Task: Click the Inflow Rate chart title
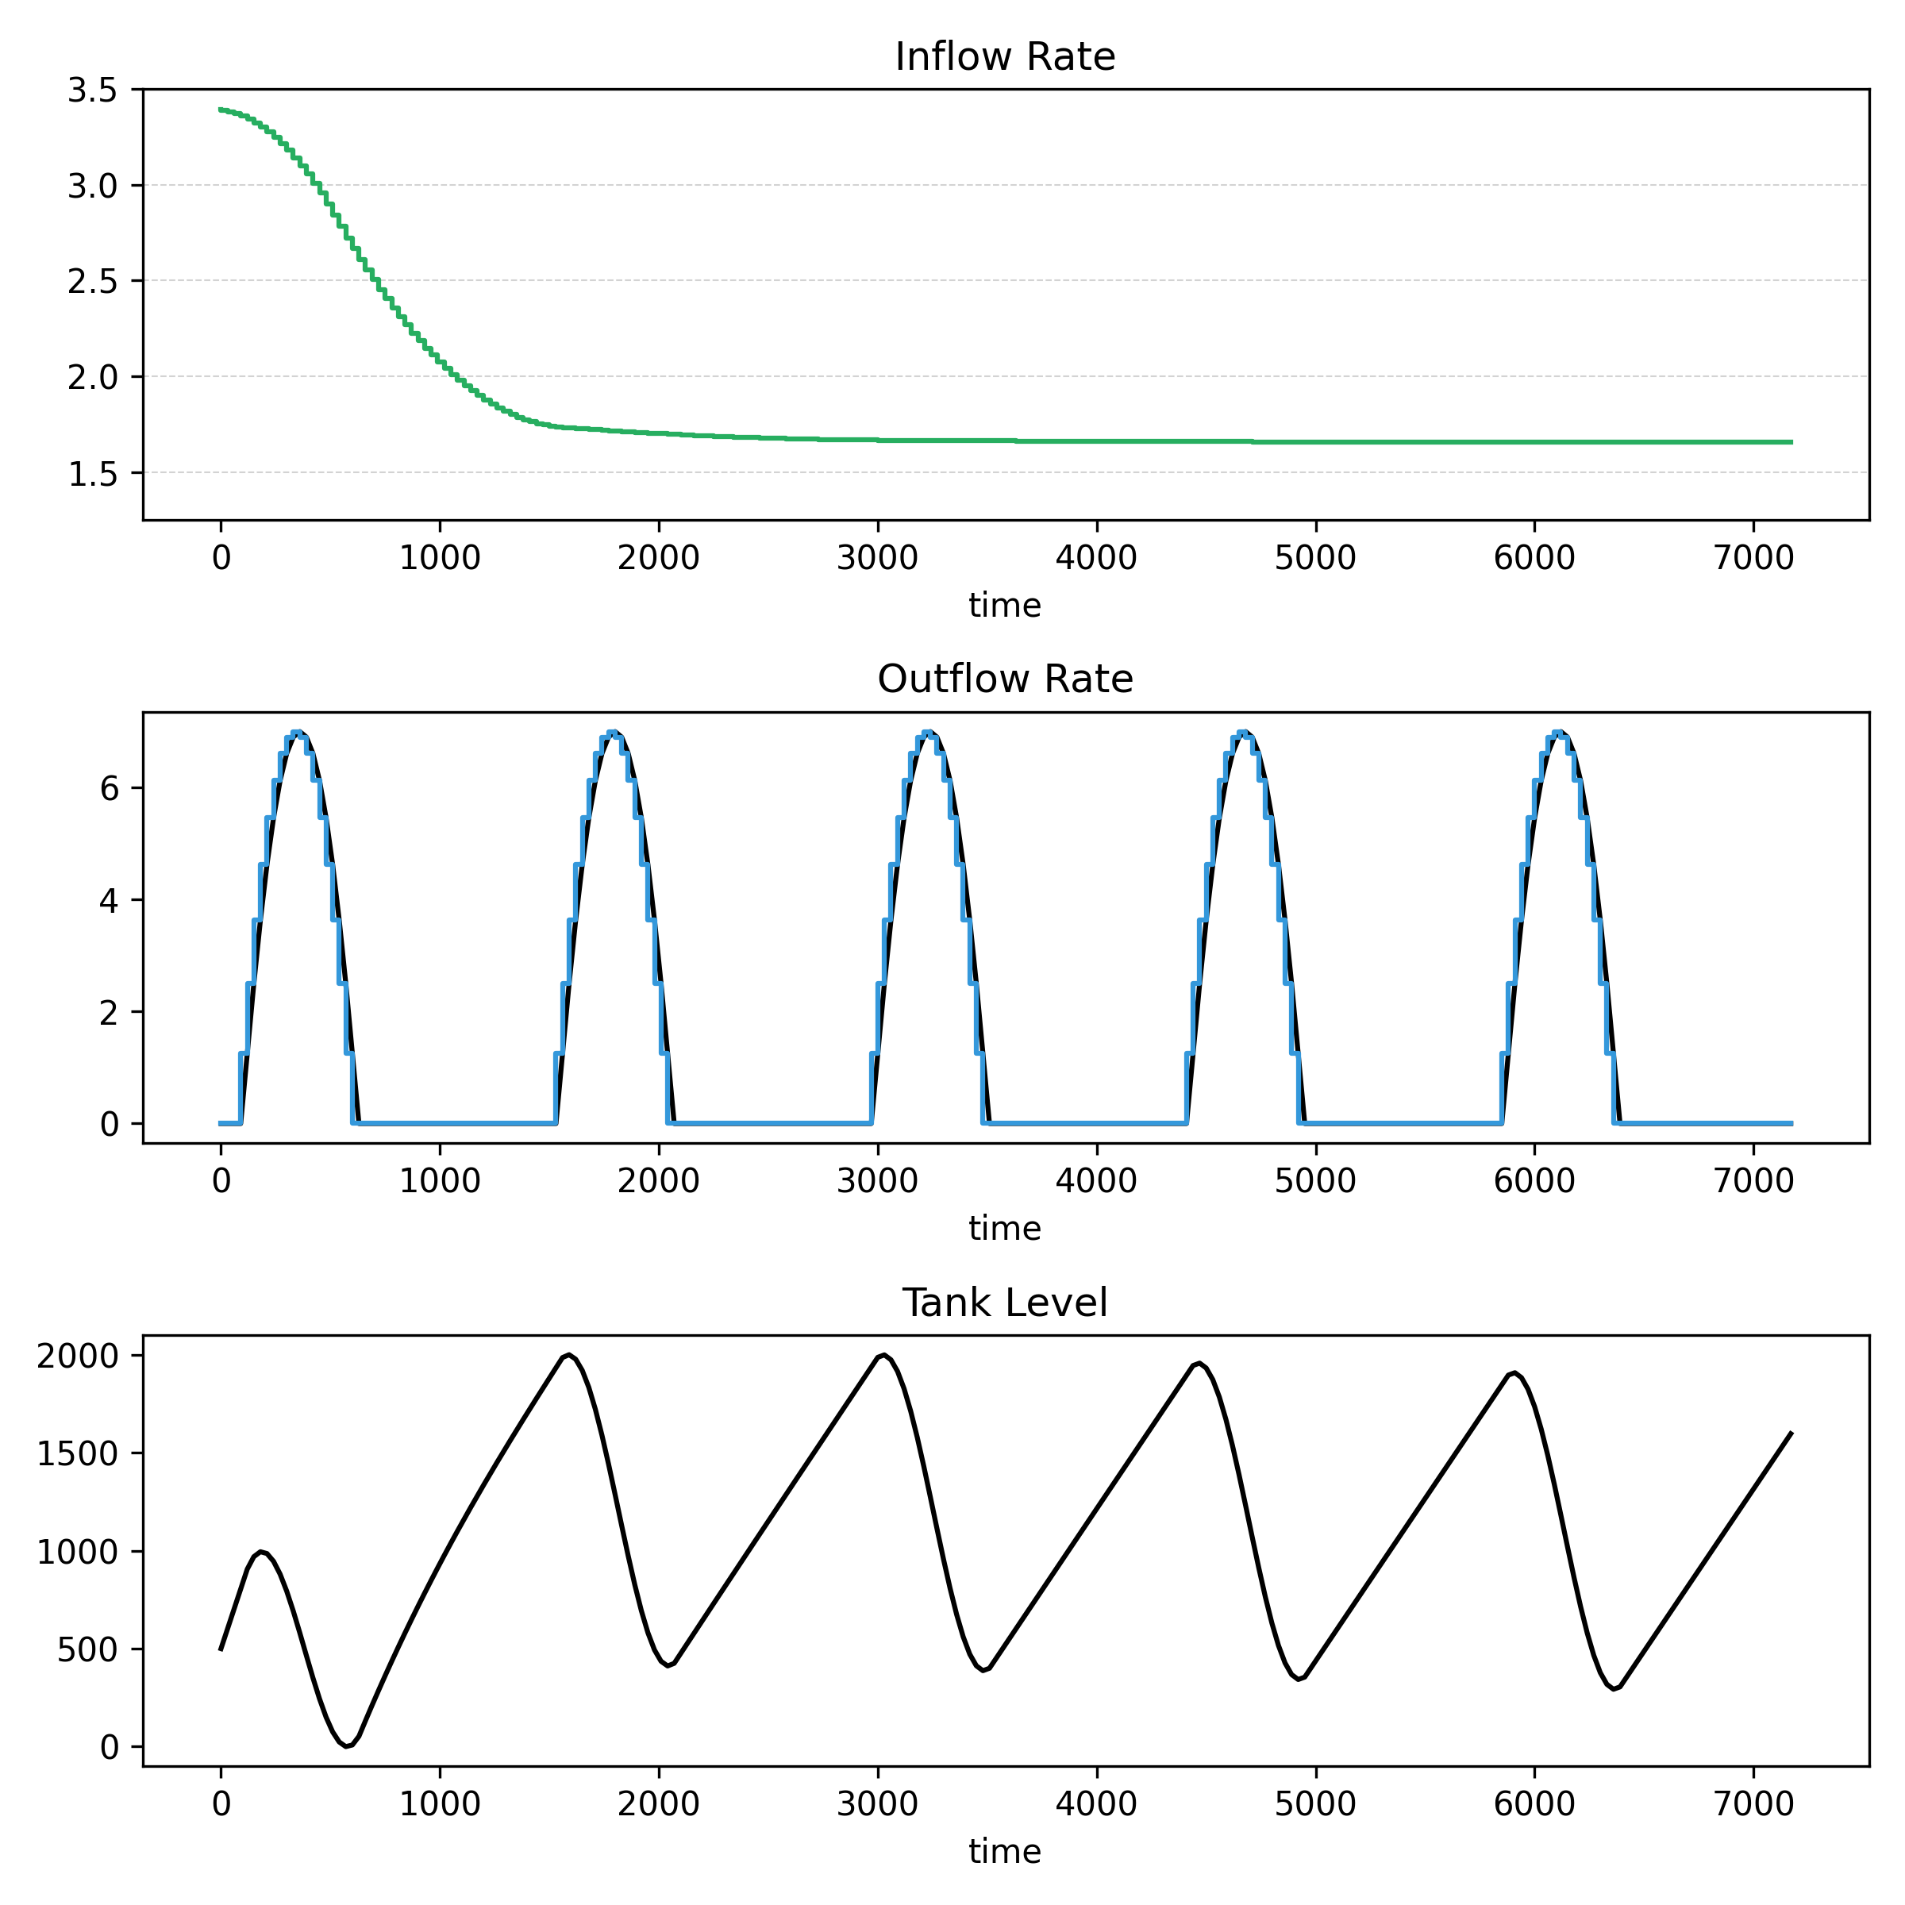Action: point(1005,57)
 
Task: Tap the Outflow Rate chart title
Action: point(1005,679)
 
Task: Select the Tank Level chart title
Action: point(1005,1303)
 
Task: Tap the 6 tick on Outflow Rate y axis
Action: point(109,789)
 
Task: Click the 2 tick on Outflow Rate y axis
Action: point(109,1013)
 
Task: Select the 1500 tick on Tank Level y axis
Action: point(77,1453)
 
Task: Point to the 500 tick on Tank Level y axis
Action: point(87,1649)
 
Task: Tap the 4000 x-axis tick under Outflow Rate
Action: point(1096,1180)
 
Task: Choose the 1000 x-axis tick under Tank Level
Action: point(440,1804)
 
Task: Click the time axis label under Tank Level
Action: point(1005,1852)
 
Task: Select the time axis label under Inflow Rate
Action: point(1005,606)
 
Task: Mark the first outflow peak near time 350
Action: point(297,733)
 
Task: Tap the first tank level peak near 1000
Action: point(261,1552)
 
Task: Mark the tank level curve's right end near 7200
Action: point(1791,1434)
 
